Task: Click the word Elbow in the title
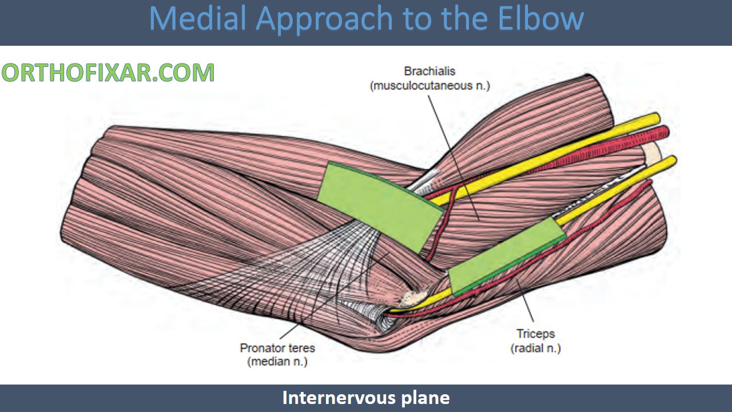540,18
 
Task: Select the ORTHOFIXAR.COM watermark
108,73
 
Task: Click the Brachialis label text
429,72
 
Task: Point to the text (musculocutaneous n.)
429,86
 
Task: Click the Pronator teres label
277,348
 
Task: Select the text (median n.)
277,362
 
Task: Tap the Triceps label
536,334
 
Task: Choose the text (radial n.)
536,348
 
